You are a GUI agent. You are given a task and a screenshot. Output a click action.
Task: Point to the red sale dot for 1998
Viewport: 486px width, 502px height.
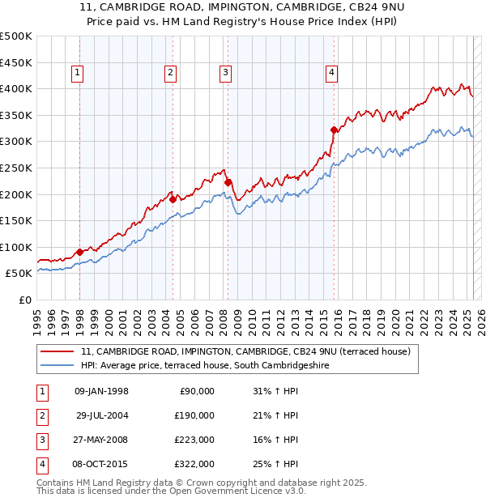[x=80, y=252]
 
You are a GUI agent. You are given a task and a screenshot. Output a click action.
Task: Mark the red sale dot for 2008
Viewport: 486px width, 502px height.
[x=228, y=182]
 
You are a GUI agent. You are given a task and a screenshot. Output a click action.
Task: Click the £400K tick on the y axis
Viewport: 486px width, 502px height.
[x=16, y=88]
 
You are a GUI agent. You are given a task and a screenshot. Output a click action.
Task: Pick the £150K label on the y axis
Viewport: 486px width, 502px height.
[x=16, y=220]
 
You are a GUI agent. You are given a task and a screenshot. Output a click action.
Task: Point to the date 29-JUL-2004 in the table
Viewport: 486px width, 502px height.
[x=103, y=415]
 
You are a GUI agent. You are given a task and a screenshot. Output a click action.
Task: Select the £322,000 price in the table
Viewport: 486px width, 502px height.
[x=194, y=464]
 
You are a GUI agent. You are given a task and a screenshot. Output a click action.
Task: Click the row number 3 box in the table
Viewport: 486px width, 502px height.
[x=40, y=440]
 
